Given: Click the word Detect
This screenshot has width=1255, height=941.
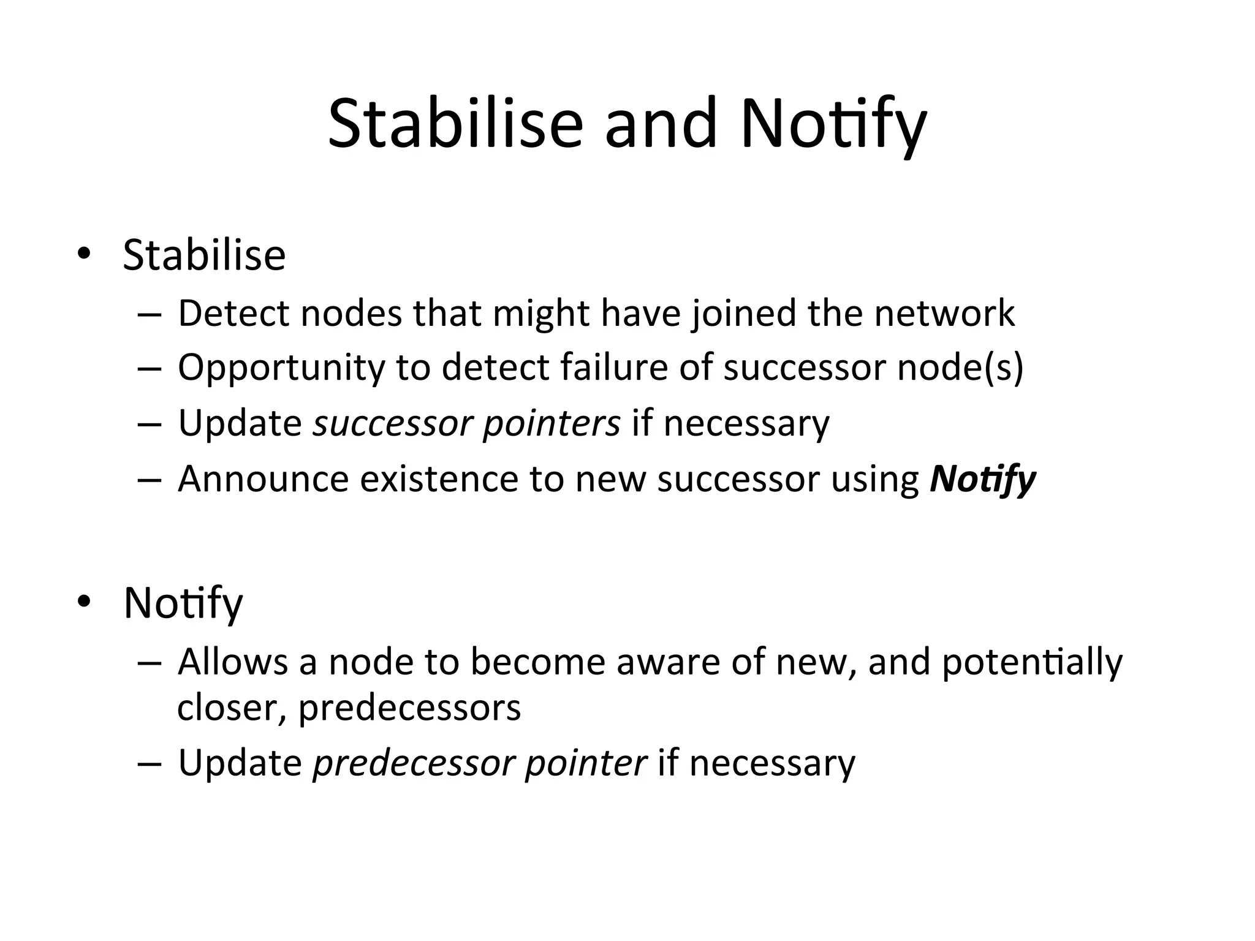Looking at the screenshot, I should [x=233, y=313].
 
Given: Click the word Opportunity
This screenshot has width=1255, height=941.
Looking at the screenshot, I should [x=281, y=368].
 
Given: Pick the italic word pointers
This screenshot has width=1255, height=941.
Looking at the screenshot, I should [x=552, y=423].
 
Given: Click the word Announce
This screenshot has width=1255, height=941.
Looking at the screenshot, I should [x=264, y=478].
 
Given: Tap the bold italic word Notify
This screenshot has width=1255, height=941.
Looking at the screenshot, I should [x=982, y=478].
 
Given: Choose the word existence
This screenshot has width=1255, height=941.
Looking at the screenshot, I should [x=439, y=478].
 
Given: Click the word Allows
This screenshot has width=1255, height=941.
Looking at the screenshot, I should [x=233, y=662].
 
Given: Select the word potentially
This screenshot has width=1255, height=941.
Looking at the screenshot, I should [x=1032, y=662].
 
